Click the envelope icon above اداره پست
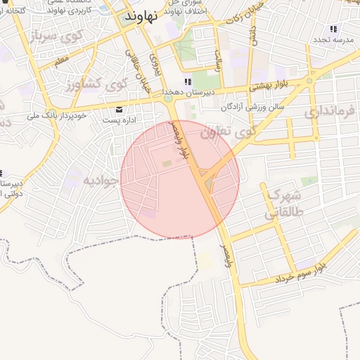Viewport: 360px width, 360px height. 118,109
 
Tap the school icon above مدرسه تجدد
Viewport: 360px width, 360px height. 333,29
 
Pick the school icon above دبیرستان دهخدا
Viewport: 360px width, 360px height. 188,82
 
